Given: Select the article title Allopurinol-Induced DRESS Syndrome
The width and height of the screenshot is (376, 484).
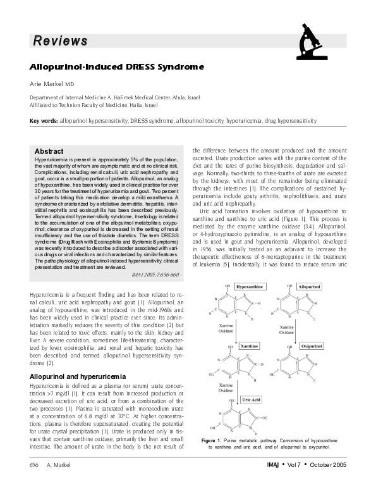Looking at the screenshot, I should (x=117, y=66).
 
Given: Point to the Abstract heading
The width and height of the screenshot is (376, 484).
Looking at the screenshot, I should (x=49, y=151).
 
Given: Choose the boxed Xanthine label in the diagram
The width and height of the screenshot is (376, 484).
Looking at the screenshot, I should (x=249, y=347).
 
